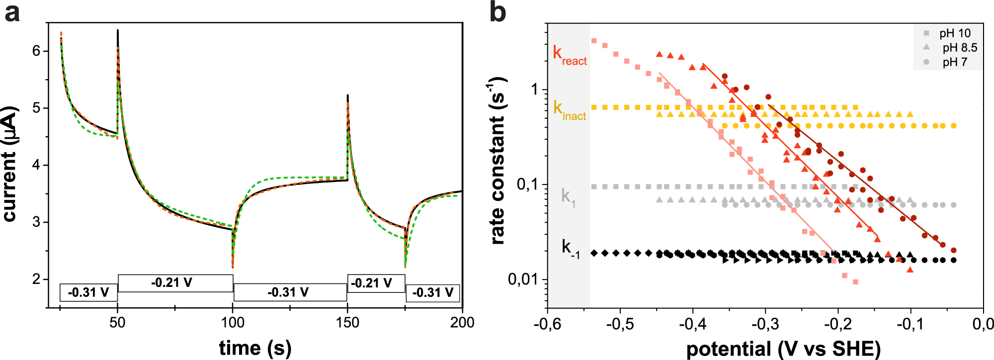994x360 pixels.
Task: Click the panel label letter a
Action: (x=12, y=13)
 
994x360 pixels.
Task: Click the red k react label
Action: (x=570, y=56)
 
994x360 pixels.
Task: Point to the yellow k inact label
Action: (x=570, y=110)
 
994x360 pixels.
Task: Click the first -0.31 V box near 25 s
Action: (x=88, y=292)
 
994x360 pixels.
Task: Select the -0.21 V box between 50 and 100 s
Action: (x=175, y=283)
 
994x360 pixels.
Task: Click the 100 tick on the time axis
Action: (x=233, y=323)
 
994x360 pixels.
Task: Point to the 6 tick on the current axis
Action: (x=37, y=51)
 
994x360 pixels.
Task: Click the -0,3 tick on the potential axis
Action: (x=765, y=325)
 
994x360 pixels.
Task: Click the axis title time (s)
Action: (x=255, y=348)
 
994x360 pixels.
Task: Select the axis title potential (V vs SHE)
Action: (x=783, y=349)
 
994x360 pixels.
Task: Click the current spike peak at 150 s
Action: (x=347, y=95)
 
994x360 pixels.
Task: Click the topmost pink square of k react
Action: (x=594, y=41)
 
